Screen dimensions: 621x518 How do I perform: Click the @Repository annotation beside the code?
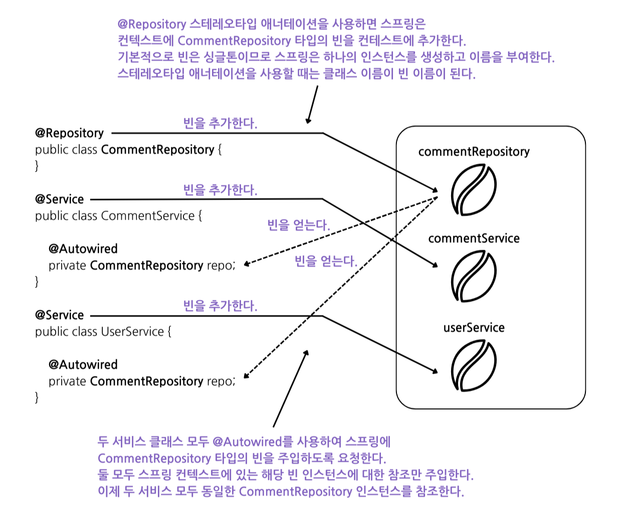coord(69,133)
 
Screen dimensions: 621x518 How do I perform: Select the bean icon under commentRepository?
coord(473,190)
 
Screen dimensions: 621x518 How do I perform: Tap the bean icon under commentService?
coord(473,276)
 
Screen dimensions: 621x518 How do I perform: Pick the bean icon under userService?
coord(473,365)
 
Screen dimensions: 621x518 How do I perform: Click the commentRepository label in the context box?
coord(474,151)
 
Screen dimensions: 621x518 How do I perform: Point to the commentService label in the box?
coord(474,238)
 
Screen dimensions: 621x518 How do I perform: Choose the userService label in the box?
coord(474,327)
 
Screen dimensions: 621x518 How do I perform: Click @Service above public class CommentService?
coord(59,199)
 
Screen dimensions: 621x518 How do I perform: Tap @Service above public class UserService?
coord(59,315)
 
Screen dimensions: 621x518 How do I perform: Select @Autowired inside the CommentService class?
coord(83,249)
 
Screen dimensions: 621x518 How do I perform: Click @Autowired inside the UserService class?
coord(83,365)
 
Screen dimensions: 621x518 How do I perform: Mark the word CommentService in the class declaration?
coord(147,216)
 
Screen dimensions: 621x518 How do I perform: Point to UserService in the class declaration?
coord(132,331)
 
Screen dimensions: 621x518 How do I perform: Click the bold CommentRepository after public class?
coord(157,149)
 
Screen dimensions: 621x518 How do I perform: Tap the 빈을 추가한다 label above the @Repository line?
coord(220,123)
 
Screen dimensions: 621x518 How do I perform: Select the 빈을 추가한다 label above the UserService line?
coord(220,305)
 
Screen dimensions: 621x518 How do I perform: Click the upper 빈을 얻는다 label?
coord(299,225)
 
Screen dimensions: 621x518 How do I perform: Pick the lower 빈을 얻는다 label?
coord(326,261)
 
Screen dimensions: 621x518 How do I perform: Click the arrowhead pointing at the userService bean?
coord(435,371)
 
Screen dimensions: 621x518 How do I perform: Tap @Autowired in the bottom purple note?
coord(247,442)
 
